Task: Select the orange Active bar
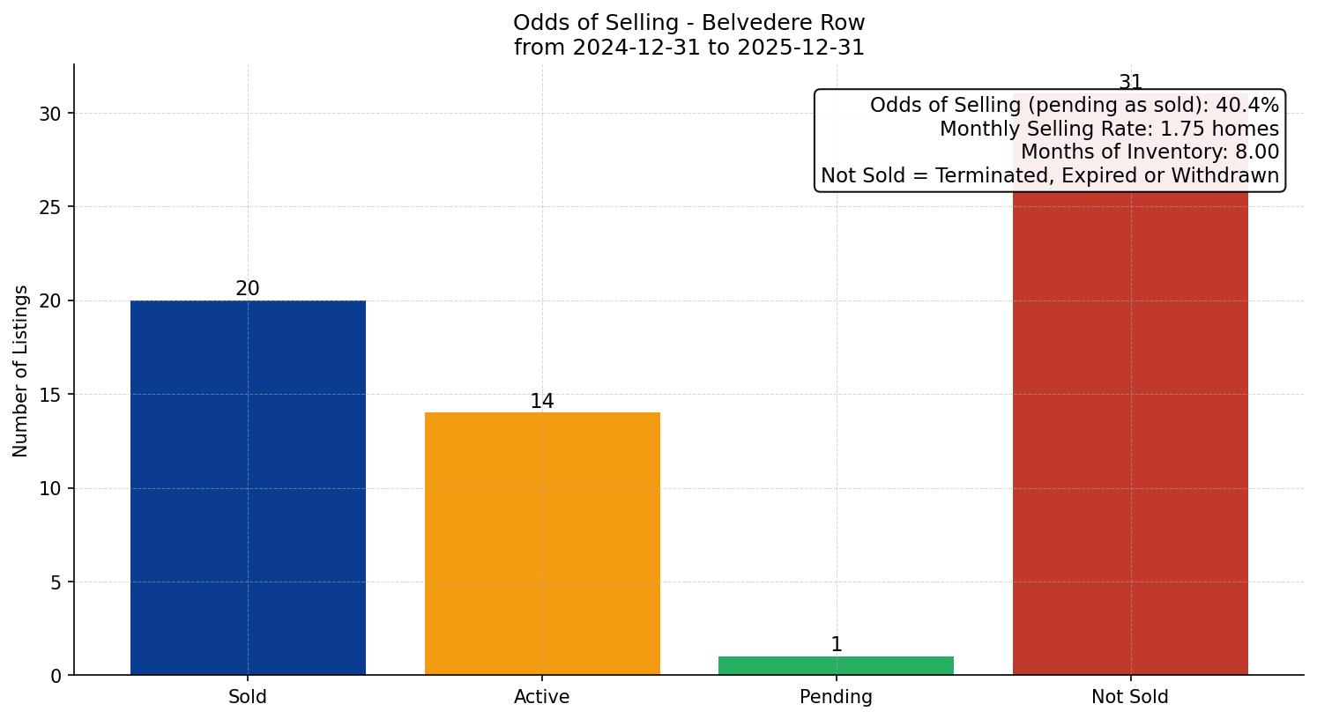[542, 544]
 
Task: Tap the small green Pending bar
[836, 665]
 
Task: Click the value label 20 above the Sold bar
[248, 289]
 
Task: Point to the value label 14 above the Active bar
[542, 402]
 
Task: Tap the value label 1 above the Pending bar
[836, 645]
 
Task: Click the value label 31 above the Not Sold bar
[1130, 82]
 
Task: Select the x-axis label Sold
[248, 697]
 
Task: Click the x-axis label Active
[542, 697]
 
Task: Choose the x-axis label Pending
[836, 697]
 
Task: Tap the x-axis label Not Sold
[1130, 697]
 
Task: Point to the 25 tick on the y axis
[50, 207]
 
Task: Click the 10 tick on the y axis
[50, 488]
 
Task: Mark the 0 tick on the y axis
[56, 676]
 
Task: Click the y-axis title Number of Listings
[21, 370]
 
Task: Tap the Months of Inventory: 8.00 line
[1150, 152]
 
